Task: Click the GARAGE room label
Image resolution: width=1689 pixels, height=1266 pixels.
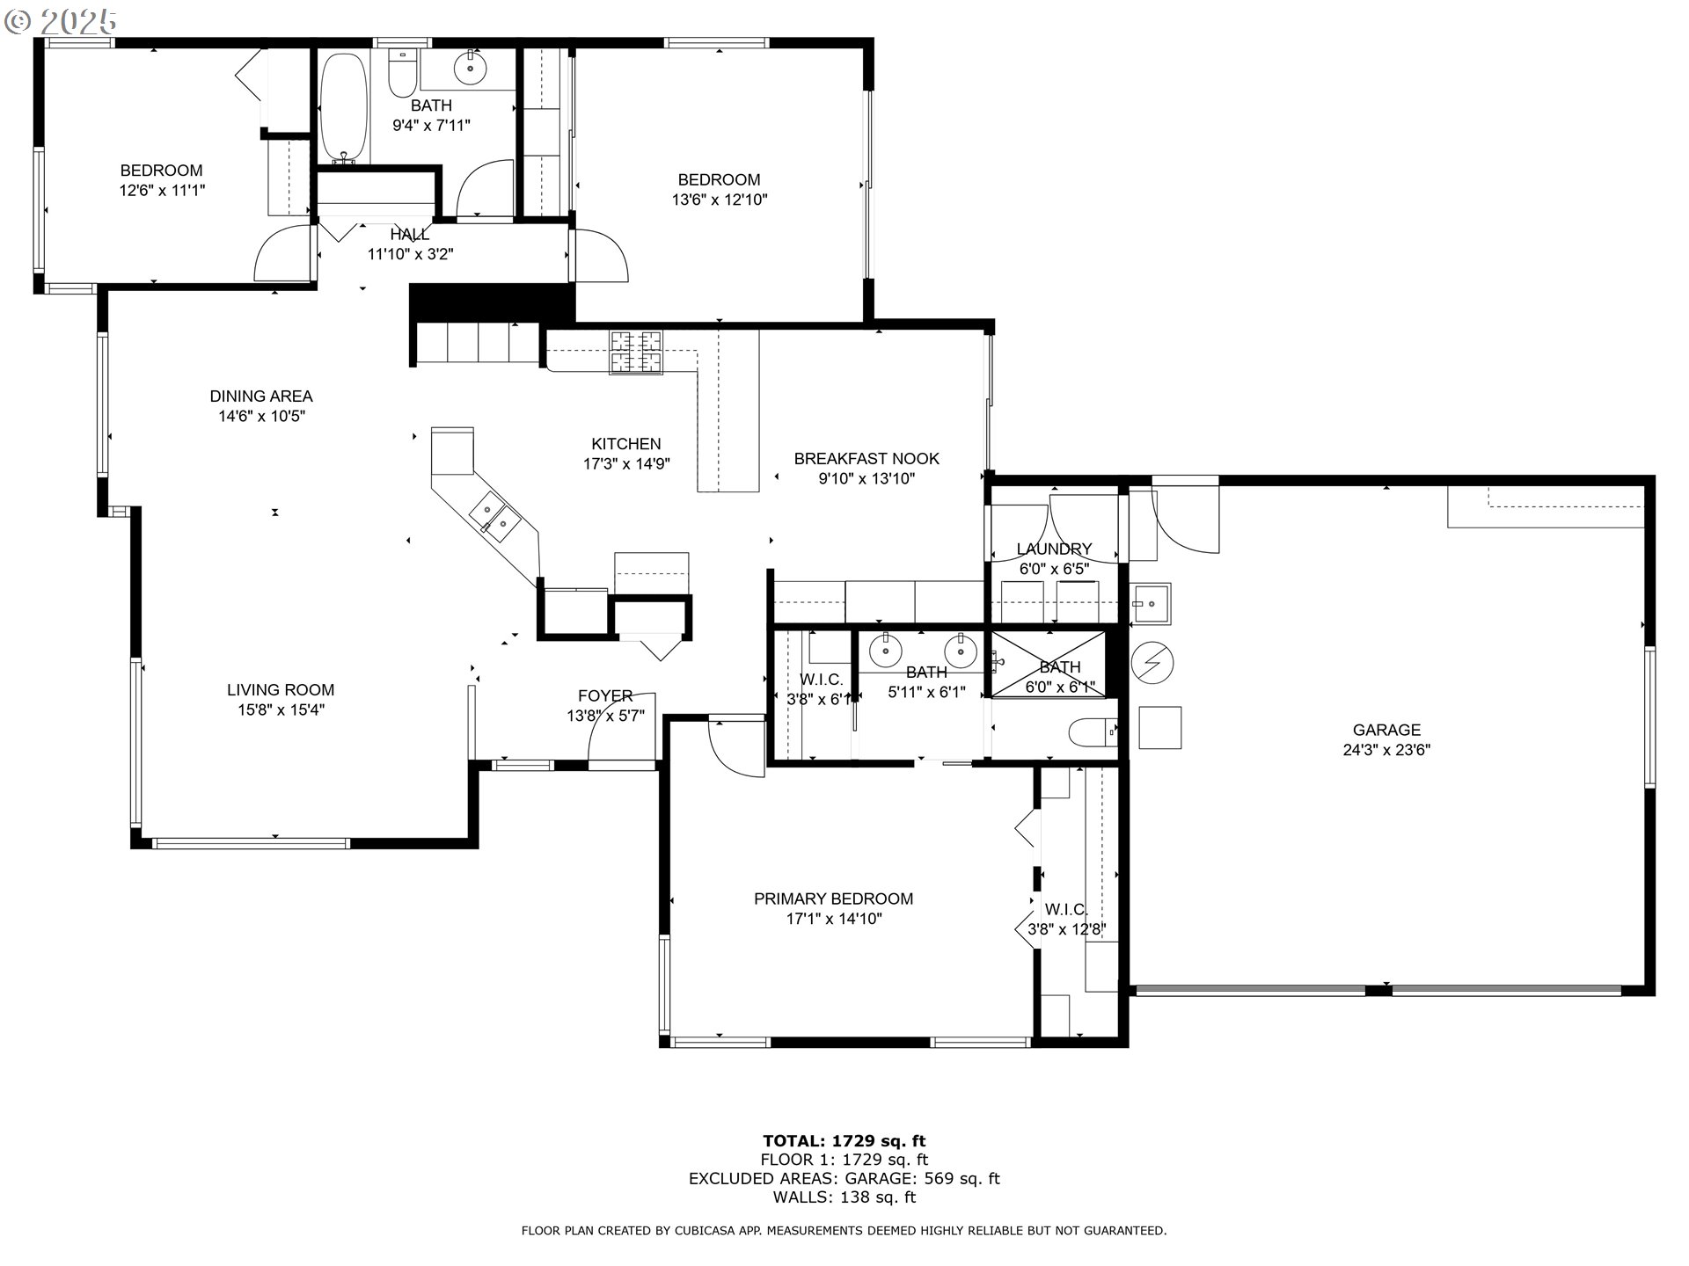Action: tap(1386, 730)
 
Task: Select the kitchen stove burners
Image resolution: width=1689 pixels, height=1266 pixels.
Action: tap(636, 351)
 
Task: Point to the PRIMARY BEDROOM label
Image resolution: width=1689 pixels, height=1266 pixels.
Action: tap(833, 899)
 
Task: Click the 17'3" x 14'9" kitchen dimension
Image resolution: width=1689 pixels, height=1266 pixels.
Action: tap(626, 464)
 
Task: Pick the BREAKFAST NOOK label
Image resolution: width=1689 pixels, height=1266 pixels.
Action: tap(866, 458)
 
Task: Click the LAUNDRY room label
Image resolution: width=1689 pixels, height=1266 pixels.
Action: tap(1054, 549)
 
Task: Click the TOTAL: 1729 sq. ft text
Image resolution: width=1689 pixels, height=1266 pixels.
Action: tap(844, 1141)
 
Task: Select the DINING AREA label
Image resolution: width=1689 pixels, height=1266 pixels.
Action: tap(261, 396)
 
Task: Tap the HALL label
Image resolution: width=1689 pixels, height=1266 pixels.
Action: tap(410, 234)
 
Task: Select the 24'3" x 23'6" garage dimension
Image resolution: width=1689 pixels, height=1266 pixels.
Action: tap(1386, 750)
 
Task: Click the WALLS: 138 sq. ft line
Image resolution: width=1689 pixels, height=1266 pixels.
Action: tap(844, 1197)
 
